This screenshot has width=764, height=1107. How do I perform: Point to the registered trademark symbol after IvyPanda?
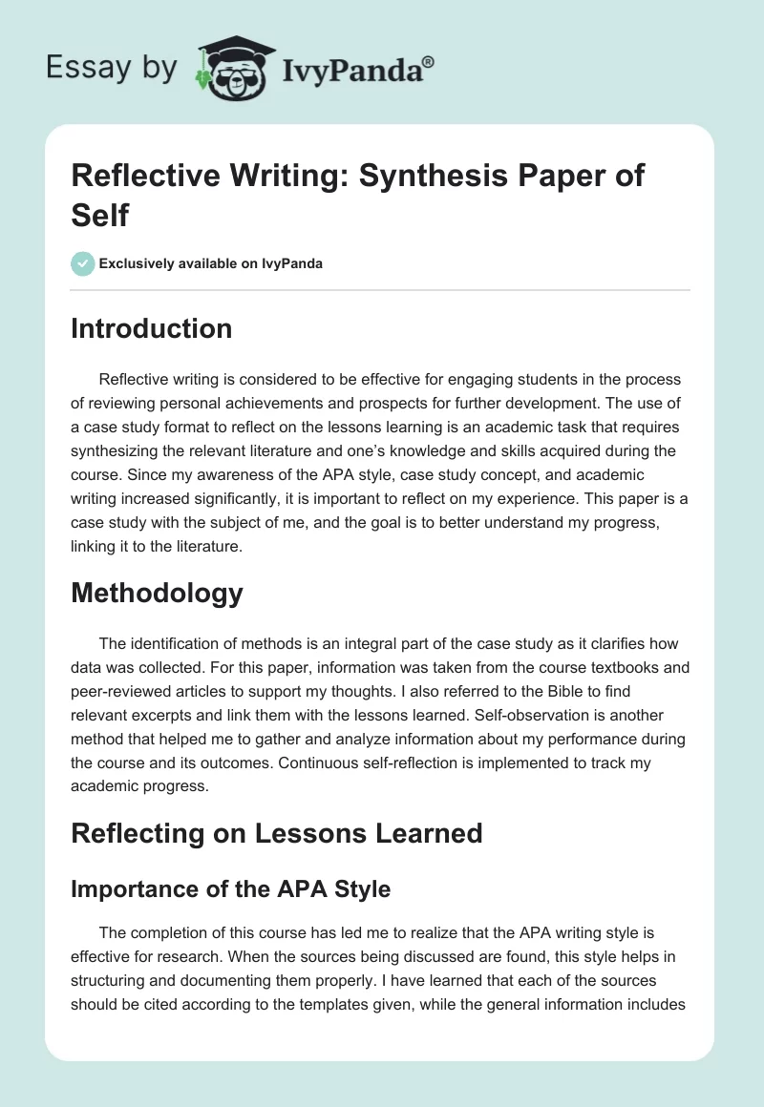click(430, 61)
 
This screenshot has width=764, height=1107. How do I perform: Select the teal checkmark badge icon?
click(83, 263)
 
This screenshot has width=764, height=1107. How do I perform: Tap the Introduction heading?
click(152, 328)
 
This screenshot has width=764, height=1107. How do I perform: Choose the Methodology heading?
click(157, 593)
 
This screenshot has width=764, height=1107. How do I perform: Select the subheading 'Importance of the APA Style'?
click(231, 888)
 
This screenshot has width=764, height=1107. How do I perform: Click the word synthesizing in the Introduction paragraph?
click(117, 450)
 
